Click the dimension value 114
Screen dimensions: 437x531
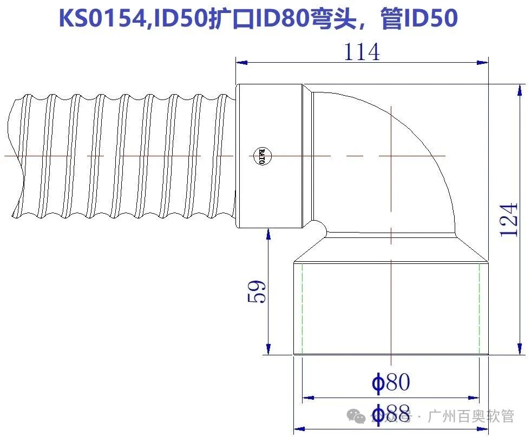click(362, 52)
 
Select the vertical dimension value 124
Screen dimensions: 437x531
click(509, 220)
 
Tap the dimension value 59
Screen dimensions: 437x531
click(257, 292)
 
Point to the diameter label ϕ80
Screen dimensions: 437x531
click(391, 382)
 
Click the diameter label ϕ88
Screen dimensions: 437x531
click(391, 414)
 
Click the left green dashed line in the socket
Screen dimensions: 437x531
click(302, 308)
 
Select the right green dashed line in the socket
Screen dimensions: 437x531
click(480, 308)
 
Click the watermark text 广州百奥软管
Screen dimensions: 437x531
click(470, 417)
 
